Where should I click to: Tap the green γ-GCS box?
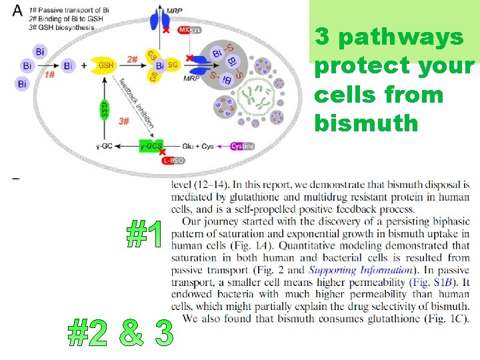(151, 146)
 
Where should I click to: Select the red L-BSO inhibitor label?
(174, 160)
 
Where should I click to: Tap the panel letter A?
(17, 11)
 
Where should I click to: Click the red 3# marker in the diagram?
(123, 121)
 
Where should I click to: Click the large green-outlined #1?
(145, 235)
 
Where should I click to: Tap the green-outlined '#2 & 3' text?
(121, 332)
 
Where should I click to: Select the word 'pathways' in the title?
(399, 38)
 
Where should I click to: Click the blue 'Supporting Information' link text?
(360, 270)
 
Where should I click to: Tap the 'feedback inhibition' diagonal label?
(137, 103)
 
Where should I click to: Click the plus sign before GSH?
(84, 66)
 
